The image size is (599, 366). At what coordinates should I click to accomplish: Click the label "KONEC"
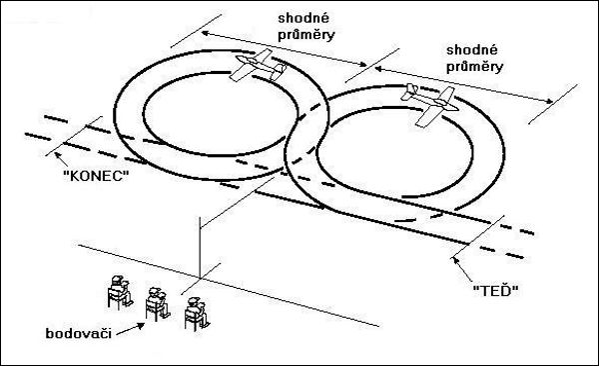click(x=96, y=176)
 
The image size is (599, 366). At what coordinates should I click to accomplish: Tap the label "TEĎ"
click(x=495, y=291)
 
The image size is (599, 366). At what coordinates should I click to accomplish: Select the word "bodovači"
click(x=78, y=333)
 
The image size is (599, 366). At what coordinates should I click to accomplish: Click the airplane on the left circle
click(x=258, y=65)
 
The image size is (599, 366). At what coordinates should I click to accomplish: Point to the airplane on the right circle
click(x=429, y=105)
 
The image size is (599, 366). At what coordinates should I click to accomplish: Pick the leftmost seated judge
click(x=120, y=291)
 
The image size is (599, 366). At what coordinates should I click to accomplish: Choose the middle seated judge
click(x=157, y=304)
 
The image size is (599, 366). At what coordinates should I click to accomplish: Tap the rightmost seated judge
click(x=197, y=313)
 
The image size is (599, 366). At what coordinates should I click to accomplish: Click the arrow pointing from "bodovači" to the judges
click(x=130, y=329)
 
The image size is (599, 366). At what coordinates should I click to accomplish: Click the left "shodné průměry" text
click(x=306, y=26)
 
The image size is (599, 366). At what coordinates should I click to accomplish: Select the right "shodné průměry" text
click(x=474, y=59)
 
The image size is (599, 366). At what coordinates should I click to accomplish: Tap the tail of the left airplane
click(x=279, y=71)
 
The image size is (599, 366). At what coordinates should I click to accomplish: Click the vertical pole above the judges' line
click(x=200, y=247)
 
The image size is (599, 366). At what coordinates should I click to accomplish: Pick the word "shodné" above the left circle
click(x=303, y=18)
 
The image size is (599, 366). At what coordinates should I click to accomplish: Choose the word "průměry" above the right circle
click(x=474, y=67)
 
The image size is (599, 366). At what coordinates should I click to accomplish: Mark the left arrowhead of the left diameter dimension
click(x=205, y=33)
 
